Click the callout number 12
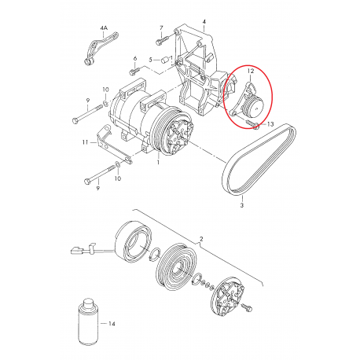[x=251, y=71]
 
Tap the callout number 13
[x=270, y=124]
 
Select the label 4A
[x=104, y=28]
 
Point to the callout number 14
[x=112, y=324]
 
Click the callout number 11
[x=85, y=142]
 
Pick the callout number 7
[x=161, y=28]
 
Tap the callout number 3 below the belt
[x=242, y=205]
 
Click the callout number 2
[x=201, y=239]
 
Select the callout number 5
[x=150, y=60]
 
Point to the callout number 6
[x=135, y=58]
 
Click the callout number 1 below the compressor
[x=158, y=163]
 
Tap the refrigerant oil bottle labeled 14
[x=89, y=321]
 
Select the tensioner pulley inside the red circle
[x=252, y=106]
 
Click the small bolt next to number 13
[x=252, y=124]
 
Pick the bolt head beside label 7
[x=159, y=42]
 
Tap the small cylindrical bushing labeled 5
[x=165, y=60]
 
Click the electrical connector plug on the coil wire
[x=76, y=251]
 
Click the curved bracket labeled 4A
[x=101, y=47]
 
